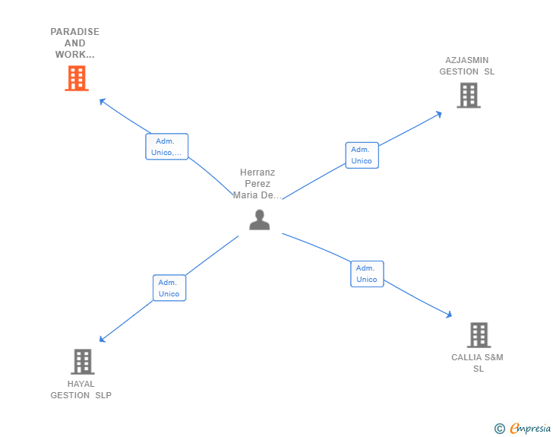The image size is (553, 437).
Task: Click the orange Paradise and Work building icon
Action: (x=76, y=78)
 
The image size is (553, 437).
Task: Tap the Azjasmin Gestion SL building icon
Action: (x=468, y=95)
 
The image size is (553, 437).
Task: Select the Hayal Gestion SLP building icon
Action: (x=82, y=362)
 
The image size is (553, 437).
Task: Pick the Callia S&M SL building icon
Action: (x=478, y=334)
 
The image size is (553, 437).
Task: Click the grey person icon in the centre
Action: (x=260, y=220)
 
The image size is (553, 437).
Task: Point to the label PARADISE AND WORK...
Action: (x=75, y=43)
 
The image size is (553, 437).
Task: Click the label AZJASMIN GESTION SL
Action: (x=467, y=66)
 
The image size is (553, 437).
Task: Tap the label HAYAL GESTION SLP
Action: (x=81, y=389)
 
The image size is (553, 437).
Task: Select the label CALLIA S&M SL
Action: (x=478, y=363)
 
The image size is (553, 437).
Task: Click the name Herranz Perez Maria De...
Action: (x=258, y=184)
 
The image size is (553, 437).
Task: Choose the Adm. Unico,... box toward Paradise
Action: (x=166, y=147)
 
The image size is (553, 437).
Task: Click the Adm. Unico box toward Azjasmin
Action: (x=362, y=155)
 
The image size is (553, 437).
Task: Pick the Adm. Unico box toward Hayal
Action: (x=169, y=288)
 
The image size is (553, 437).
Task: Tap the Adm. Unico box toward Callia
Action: (x=367, y=274)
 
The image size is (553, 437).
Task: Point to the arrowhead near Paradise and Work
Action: (x=103, y=100)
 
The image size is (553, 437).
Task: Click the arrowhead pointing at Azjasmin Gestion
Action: (x=438, y=114)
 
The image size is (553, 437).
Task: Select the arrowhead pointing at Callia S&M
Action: (x=449, y=314)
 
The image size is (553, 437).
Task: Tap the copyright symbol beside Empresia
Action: (x=499, y=429)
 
